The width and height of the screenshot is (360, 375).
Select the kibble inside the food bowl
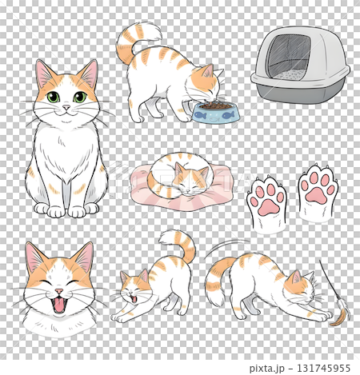point(211,104)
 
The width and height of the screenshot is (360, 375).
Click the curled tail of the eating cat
point(133,42)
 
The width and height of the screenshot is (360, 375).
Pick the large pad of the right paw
point(318,193)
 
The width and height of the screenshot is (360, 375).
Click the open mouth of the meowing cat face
point(59,304)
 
